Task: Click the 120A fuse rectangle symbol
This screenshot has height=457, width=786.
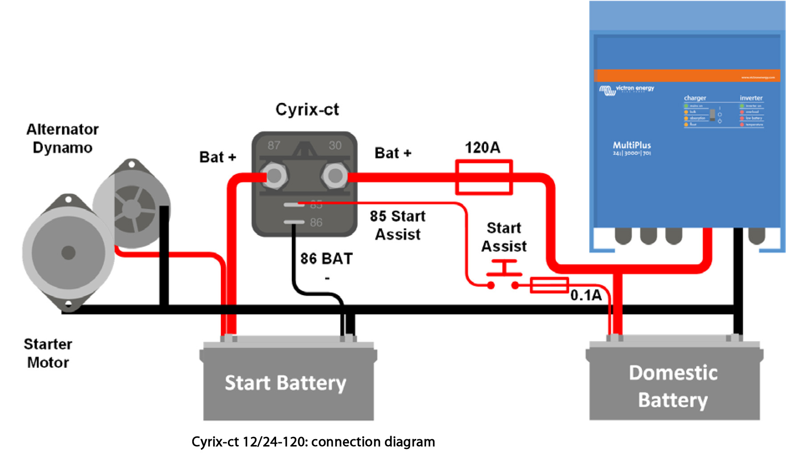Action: point(484,177)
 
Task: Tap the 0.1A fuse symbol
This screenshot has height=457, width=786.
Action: point(549,285)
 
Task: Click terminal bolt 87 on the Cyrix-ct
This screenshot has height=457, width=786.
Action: point(273,176)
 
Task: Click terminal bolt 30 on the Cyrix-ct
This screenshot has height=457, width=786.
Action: point(335,176)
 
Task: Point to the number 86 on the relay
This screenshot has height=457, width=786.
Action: point(316,222)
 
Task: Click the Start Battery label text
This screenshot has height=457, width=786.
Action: point(285,383)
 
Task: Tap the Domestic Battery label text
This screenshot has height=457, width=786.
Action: point(673,386)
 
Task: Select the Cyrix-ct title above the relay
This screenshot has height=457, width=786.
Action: point(307,109)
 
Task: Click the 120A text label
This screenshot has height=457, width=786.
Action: point(482,148)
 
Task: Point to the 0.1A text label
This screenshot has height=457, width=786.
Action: point(586,295)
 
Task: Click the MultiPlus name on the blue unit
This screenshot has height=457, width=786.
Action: point(632,145)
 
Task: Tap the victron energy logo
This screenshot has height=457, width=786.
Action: point(627,89)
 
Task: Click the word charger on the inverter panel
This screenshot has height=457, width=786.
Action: point(695,98)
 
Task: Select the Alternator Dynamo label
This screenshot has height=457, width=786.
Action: point(62,138)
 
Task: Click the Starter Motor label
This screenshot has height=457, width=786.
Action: point(48,353)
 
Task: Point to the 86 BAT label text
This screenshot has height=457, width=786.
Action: point(326,259)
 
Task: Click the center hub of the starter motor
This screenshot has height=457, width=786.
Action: point(68,253)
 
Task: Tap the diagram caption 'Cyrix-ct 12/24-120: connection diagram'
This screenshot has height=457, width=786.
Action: point(313,442)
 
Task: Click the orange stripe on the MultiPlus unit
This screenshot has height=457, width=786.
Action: point(687,75)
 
